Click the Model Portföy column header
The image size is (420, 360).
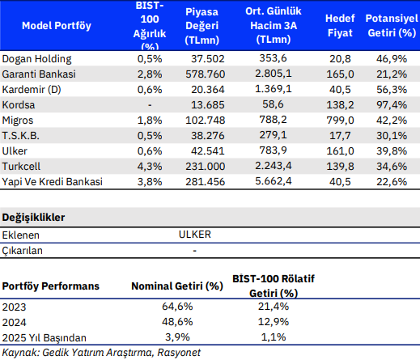tap(57, 26)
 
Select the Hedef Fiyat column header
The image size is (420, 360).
tap(340, 26)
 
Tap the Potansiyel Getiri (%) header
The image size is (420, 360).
tap(392, 26)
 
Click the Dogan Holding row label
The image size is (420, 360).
tap(36, 59)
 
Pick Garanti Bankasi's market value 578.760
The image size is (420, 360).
tap(205, 74)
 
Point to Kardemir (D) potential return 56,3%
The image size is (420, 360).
tap(392, 90)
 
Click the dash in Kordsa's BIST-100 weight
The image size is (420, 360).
tap(150, 105)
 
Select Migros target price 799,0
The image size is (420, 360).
tap(340, 121)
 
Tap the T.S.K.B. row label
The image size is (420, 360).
tap(21, 136)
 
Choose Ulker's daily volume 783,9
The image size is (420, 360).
tap(273, 150)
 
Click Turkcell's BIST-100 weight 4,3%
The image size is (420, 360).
tap(150, 167)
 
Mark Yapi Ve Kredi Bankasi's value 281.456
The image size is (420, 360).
tap(205, 182)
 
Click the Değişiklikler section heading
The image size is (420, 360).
tap(33, 218)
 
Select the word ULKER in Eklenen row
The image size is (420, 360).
tap(195, 235)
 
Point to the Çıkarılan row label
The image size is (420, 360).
tap(22, 251)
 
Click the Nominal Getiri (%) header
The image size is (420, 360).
tap(177, 286)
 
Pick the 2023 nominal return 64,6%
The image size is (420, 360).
tap(177, 307)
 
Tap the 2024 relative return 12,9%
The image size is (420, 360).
tap(274, 322)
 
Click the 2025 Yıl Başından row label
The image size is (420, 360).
tap(45, 338)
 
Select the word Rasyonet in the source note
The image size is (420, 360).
tap(179, 353)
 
